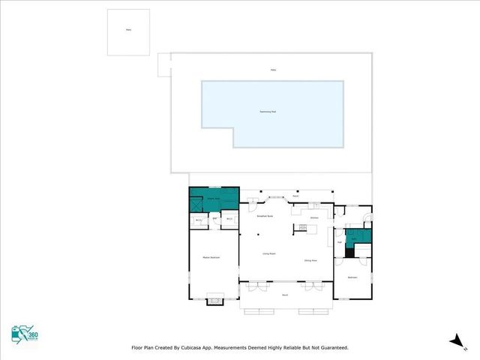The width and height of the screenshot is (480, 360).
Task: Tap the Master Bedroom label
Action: (x=210, y=257)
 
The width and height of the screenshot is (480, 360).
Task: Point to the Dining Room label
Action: (x=310, y=260)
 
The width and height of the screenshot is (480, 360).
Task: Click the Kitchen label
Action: (x=315, y=217)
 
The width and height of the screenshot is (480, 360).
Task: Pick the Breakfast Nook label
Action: (x=264, y=215)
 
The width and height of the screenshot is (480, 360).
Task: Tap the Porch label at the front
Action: (x=285, y=295)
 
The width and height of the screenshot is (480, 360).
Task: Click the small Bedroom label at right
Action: (x=352, y=277)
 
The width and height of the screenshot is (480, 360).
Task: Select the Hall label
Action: (x=340, y=242)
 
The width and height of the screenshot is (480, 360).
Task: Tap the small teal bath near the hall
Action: (x=358, y=237)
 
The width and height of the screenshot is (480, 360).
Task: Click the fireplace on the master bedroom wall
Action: (x=214, y=300)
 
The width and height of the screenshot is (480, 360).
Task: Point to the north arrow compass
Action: (x=454, y=340)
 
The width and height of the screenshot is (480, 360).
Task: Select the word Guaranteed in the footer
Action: (x=330, y=348)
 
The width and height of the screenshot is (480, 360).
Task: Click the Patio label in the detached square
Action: (x=127, y=31)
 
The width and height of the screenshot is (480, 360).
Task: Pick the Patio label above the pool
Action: (x=273, y=70)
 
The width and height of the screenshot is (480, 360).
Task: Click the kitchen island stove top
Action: (x=301, y=227)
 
